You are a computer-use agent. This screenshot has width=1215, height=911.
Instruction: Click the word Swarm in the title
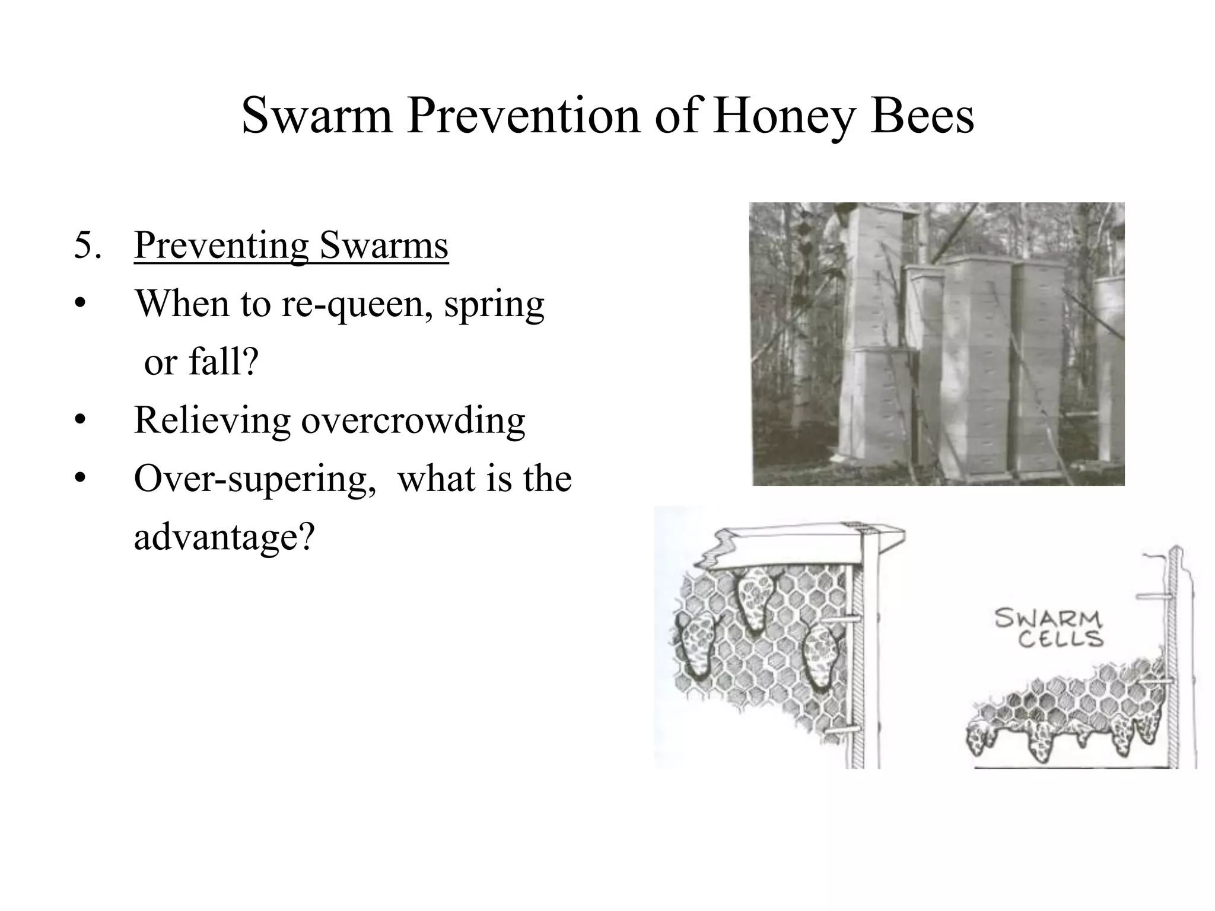[317, 116]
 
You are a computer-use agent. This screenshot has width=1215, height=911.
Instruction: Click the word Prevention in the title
[524, 116]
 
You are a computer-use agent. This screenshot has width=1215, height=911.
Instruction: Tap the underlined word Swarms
[384, 245]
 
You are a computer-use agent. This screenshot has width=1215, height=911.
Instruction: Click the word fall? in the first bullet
[224, 361]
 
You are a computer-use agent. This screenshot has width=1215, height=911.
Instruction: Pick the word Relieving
[212, 421]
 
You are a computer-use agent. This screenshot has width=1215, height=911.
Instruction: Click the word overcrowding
[413, 421]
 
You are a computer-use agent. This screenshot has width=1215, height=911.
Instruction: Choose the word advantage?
[223, 537]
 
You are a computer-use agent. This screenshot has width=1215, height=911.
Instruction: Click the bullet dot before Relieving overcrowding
[81, 421]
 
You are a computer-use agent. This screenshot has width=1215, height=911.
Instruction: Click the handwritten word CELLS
[1060, 639]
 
